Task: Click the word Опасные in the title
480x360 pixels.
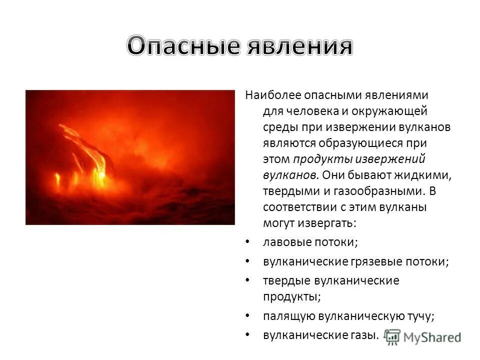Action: [x=183, y=46]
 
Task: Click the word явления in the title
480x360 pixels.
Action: [x=299, y=46]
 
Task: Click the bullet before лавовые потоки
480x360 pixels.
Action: [x=248, y=242]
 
